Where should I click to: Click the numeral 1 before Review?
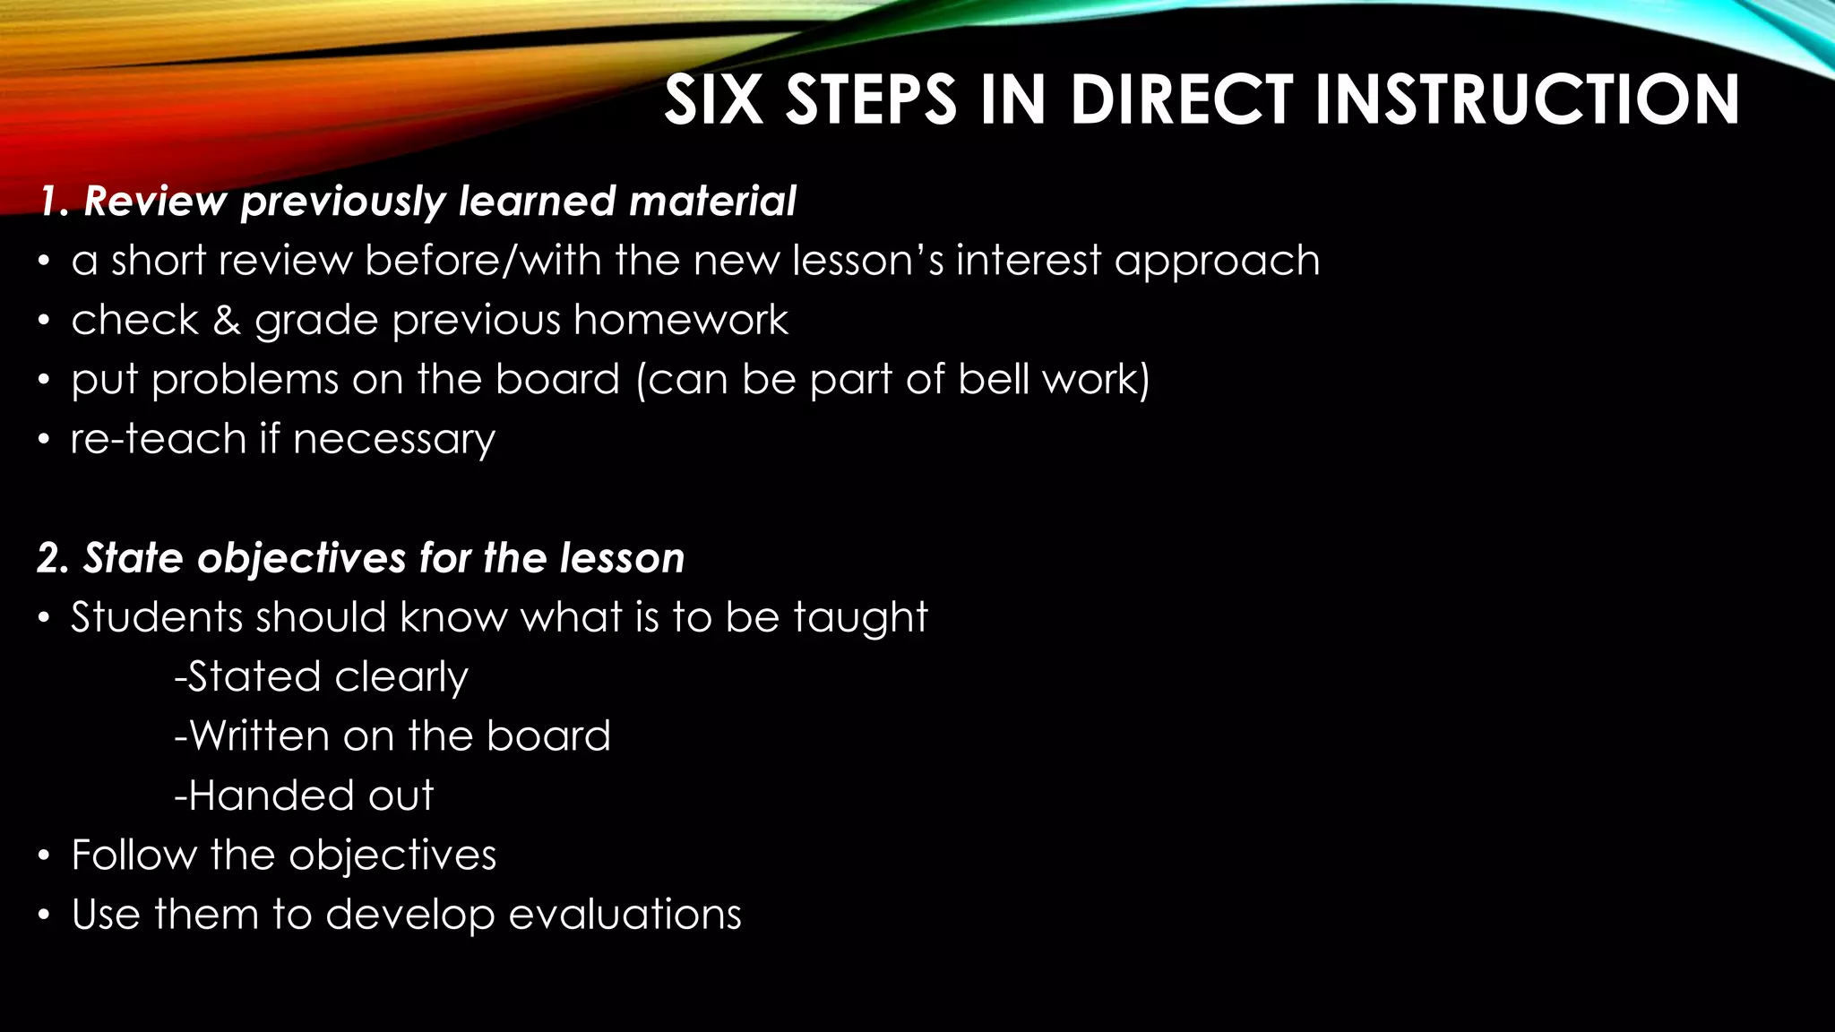(47, 202)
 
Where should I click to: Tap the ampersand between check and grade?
(226, 321)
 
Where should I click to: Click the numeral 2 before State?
(49, 558)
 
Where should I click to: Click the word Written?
(259, 736)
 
